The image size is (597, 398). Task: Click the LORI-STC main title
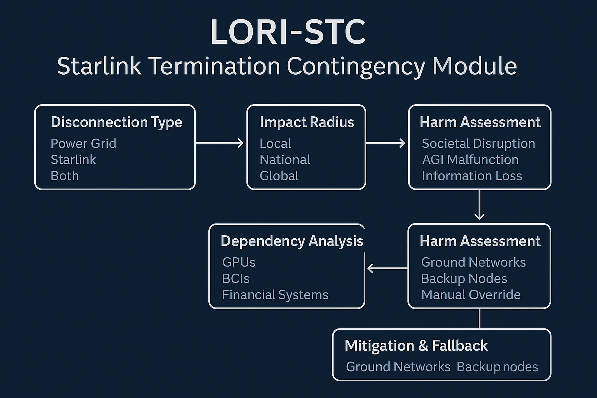[288, 32]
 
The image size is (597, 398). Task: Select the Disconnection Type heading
[116, 122]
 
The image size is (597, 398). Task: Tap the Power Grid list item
[83, 143]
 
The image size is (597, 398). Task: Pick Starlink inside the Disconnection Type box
[73, 160]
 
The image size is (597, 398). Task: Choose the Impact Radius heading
[307, 122]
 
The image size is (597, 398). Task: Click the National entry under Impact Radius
[285, 160]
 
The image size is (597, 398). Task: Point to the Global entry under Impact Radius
[279, 176]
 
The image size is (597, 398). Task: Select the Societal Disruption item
[478, 143]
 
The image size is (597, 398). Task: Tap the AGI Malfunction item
[470, 160]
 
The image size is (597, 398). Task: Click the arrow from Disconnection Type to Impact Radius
[220, 143]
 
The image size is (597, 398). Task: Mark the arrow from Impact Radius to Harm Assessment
[386, 143]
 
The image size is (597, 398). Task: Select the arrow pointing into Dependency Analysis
[387, 268]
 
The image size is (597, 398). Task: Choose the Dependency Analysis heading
[292, 241]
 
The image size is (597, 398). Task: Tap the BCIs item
[236, 279]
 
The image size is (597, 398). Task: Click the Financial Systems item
[275, 295]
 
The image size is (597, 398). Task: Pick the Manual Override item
[470, 295]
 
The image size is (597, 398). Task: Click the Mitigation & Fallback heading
[416, 346]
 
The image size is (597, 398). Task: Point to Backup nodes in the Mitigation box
[497, 367]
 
